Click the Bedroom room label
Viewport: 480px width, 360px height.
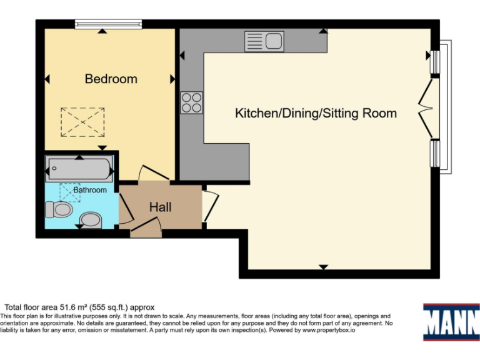click(x=111, y=79)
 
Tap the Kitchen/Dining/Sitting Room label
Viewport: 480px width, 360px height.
click(x=316, y=113)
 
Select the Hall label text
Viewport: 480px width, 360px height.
click(x=161, y=207)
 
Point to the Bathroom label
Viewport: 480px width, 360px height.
click(x=90, y=189)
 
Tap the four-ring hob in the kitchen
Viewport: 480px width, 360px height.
click(x=191, y=102)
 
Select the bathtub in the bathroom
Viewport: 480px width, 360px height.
click(x=79, y=169)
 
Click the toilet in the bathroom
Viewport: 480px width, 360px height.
click(x=58, y=209)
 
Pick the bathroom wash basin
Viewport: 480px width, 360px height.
click(x=91, y=219)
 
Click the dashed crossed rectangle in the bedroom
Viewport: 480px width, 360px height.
click(x=82, y=122)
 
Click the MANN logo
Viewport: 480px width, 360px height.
click(x=450, y=322)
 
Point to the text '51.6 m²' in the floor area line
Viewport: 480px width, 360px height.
click(x=74, y=307)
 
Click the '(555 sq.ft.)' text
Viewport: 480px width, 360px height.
click(x=111, y=307)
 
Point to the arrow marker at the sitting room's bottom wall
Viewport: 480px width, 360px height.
click(x=323, y=267)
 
